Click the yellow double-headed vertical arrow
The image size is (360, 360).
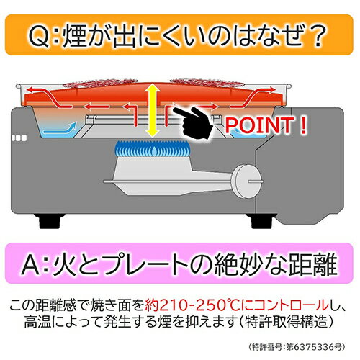(153, 110)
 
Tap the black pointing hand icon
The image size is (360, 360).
(195, 122)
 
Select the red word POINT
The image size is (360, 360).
(259, 125)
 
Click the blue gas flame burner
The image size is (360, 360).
(151, 149)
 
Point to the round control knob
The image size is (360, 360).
(246, 181)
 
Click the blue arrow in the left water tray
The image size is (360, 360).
(60, 128)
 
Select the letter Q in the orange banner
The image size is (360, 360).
(40, 37)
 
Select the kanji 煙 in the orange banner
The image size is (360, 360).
(74, 36)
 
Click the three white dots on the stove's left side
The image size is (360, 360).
(19, 138)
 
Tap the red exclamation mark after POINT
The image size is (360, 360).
(304, 125)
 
